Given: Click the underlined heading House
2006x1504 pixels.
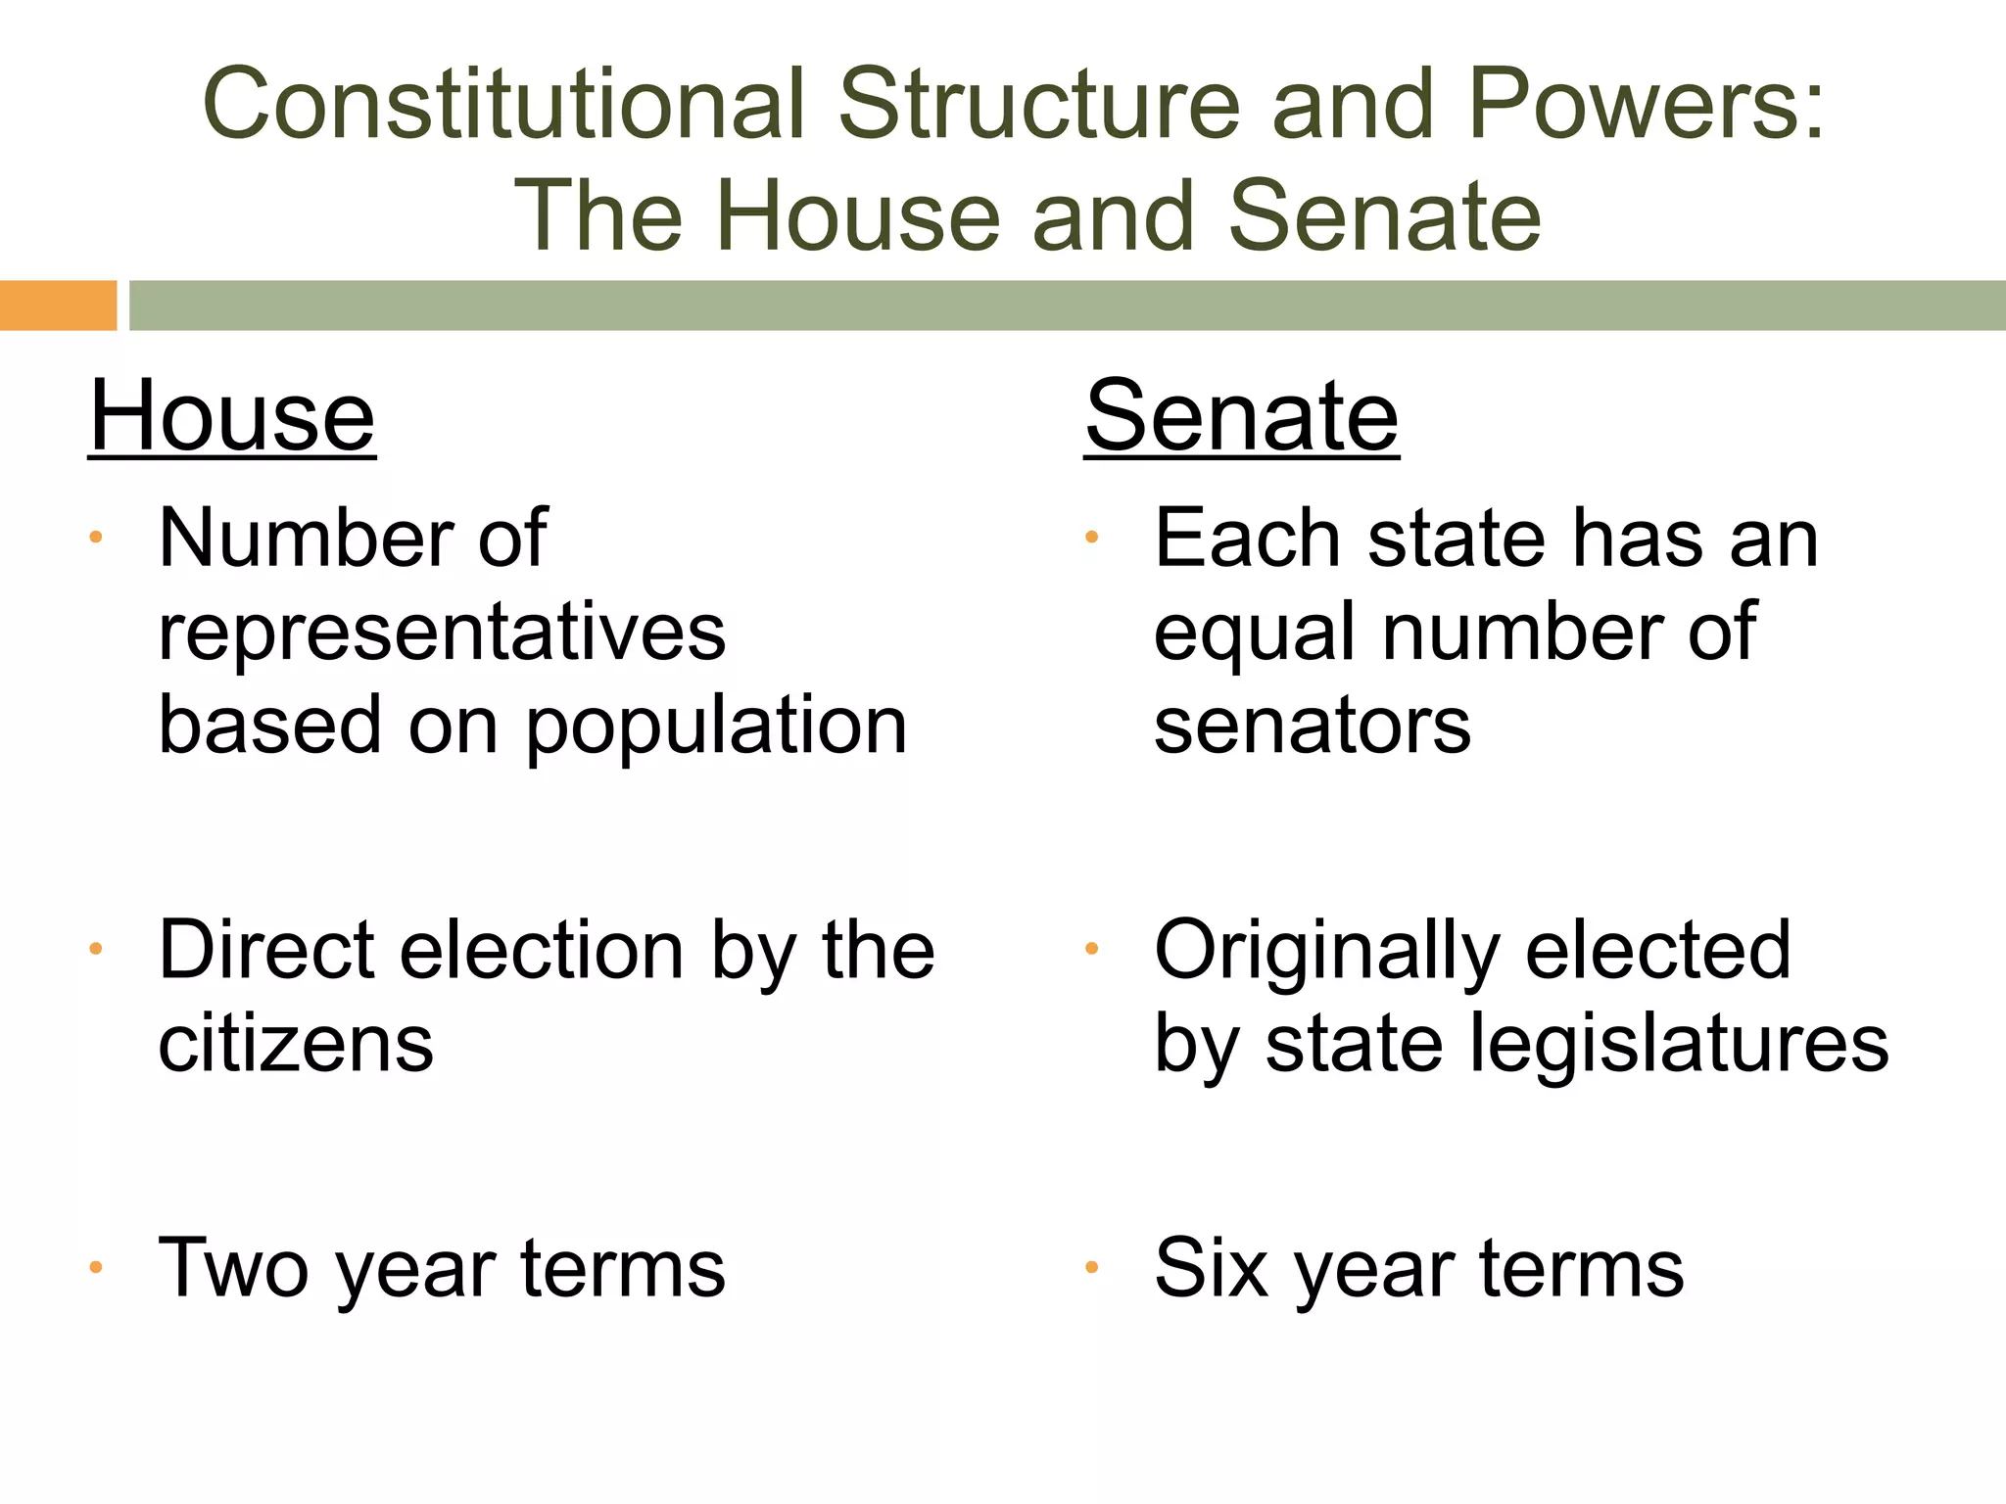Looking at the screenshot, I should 232,417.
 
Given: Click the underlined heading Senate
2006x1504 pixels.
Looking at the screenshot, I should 1241,417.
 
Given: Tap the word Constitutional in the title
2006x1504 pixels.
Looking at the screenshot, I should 503,104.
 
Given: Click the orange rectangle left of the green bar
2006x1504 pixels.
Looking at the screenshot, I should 58,305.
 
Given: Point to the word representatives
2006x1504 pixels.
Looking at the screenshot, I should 442,634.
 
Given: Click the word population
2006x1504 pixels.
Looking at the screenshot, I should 716,728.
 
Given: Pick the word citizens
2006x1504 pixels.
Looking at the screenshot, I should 295,1044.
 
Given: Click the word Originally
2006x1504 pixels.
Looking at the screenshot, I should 1326,952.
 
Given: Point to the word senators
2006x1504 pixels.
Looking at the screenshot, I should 1312,726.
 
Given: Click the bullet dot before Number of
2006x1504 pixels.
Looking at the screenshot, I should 96,538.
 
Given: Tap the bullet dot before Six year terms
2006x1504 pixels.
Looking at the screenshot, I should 1091,1268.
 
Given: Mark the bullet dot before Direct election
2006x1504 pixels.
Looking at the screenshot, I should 96,949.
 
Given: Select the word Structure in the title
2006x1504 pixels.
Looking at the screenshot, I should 1038,104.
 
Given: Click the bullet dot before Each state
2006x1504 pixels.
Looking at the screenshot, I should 1091,538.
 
